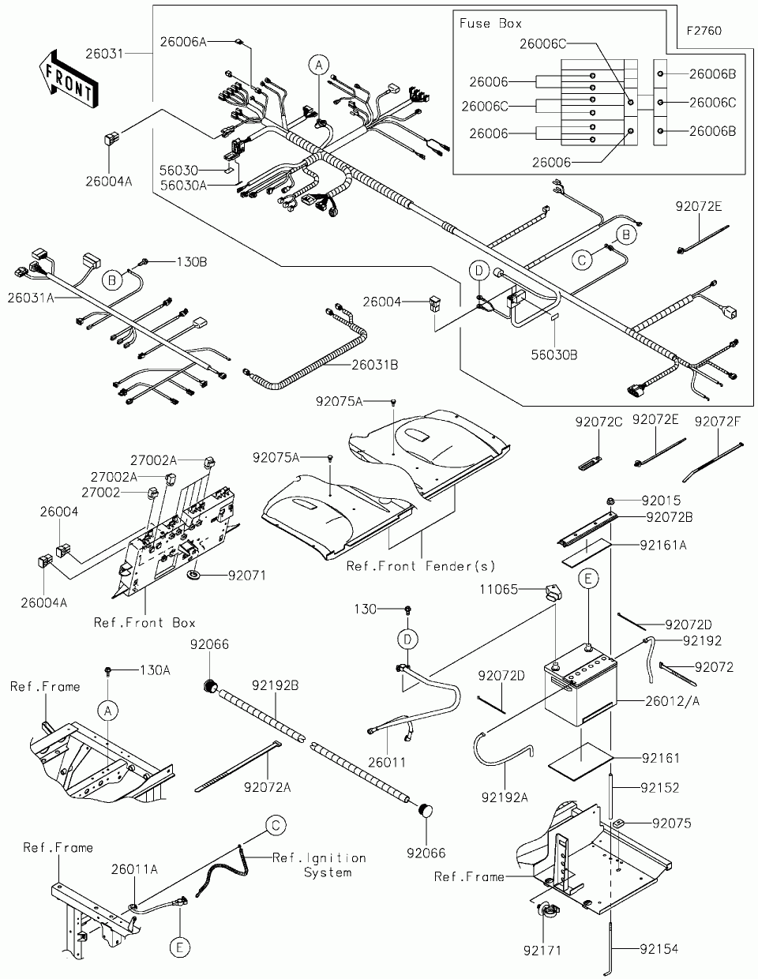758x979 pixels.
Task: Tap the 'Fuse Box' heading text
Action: click(490, 24)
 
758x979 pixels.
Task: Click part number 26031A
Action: click(31, 298)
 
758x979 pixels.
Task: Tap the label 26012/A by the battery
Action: click(673, 700)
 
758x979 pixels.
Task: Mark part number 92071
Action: click(247, 576)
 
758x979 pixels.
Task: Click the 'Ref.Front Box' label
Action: click(144, 622)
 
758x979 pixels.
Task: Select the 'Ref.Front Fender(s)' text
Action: click(421, 565)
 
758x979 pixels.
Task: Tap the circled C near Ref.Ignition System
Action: click(275, 826)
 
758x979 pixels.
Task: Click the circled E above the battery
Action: click(587, 579)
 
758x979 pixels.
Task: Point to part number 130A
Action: click(155, 670)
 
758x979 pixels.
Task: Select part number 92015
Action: click(661, 500)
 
